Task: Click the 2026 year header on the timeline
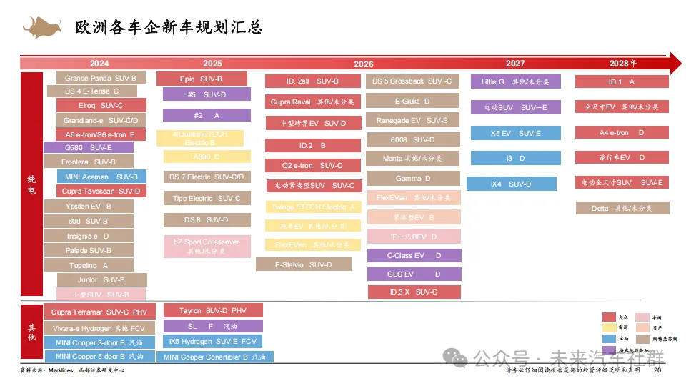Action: coord(363,64)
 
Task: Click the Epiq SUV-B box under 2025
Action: coord(202,79)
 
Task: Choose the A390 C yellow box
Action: coord(207,157)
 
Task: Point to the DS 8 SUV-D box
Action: coord(207,220)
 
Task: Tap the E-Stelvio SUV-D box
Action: coord(303,264)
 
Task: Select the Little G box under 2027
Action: coord(515,81)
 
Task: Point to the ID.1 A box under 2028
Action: coord(621,81)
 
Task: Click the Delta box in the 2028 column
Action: coord(621,208)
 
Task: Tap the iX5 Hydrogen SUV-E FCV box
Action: coord(213,342)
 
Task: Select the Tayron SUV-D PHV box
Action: coord(213,310)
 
